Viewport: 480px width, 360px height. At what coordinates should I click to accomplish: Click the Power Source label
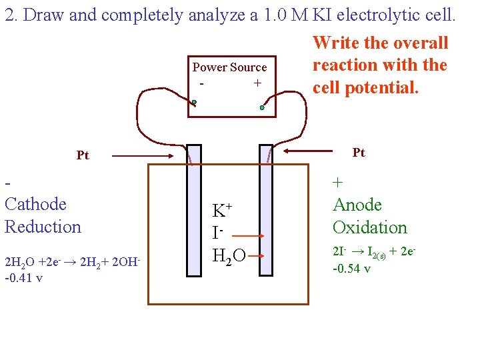pos(229,67)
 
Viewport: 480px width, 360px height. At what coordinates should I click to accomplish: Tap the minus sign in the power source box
pos(201,84)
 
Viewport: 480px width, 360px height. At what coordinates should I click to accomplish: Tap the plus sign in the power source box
pos(257,84)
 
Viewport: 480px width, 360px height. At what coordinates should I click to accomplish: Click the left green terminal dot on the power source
pos(194,103)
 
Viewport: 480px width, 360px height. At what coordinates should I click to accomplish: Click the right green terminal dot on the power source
pos(263,107)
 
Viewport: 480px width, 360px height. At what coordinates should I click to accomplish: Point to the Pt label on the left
pos(83,156)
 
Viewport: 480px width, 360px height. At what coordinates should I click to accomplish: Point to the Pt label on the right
pos(359,153)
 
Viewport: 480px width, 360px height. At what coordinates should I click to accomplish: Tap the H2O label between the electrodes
pos(229,254)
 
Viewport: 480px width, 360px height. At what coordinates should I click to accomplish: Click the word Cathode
pos(35,204)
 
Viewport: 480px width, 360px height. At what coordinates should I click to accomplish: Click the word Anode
pos(357,205)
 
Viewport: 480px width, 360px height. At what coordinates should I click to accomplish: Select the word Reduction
pos(43,227)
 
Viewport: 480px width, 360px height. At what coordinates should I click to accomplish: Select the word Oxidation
pos(369,227)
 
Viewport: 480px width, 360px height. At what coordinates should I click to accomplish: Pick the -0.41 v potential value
pos(24,277)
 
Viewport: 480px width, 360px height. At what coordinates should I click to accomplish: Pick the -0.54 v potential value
pos(352,269)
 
